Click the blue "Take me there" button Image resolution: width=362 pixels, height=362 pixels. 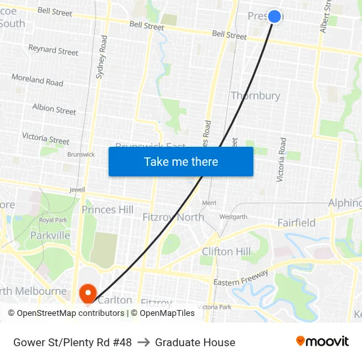coord(181,161)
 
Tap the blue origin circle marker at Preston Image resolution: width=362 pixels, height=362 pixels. coord(275,16)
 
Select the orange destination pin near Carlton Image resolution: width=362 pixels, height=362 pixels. coord(88,293)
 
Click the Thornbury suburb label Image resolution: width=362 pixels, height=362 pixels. coord(255,96)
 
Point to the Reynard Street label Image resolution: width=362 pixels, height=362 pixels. coord(53,50)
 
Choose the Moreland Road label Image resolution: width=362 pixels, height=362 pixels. coord(38,80)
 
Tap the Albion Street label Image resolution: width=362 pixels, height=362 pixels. coord(54,109)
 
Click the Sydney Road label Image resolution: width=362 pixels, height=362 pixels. coord(101,57)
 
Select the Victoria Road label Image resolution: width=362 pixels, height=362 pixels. coord(282,159)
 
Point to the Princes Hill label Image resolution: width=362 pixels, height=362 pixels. coord(107,210)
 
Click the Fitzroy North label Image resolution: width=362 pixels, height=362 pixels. coord(173,217)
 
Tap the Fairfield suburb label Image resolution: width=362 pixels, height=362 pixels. coord(296,223)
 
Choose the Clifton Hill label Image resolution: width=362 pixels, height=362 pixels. coord(226,251)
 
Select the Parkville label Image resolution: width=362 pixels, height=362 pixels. coord(50,235)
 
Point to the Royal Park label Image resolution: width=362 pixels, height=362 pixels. coord(53,220)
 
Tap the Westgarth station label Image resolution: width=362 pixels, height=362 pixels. coord(233,217)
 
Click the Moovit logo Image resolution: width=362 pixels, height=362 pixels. coord(322,342)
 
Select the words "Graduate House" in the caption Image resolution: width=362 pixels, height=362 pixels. coord(195,342)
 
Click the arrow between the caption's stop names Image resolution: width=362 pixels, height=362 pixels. coord(143,342)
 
